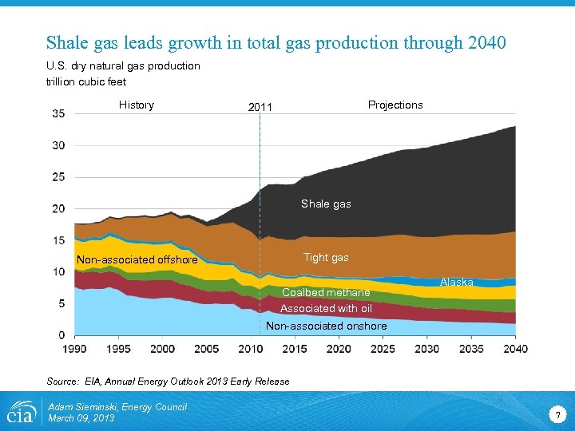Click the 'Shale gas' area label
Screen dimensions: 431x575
click(326, 204)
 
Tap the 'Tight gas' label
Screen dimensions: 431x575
click(326, 257)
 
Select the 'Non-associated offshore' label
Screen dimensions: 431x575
click(137, 259)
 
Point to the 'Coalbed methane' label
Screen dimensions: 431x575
click(326, 292)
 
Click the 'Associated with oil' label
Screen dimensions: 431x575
click(326, 308)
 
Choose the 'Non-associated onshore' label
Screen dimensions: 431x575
click(326, 326)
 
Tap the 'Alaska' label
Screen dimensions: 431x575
click(457, 283)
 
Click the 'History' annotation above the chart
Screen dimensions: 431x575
click(137, 105)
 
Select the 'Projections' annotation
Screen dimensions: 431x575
click(395, 105)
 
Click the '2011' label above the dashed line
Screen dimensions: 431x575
click(260, 107)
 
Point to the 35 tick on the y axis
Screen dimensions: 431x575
click(59, 113)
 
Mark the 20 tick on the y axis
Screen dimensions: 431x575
click(59, 208)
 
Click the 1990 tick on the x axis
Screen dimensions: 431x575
click(74, 349)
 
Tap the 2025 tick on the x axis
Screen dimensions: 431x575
click(383, 349)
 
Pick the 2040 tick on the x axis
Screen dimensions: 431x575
click(515, 349)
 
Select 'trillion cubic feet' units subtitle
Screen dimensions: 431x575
click(85, 81)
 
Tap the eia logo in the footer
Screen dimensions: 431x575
click(22, 413)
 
